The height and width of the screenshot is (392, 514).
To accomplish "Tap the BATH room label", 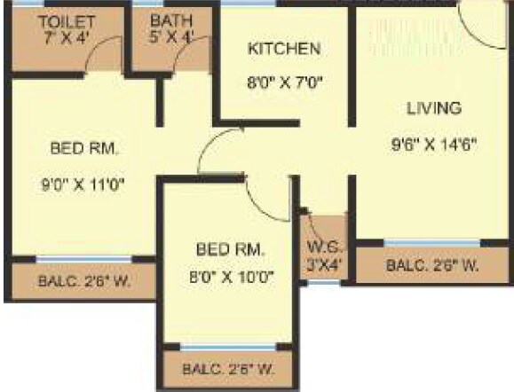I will [170, 20].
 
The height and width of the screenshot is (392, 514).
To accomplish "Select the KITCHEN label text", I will [284, 48].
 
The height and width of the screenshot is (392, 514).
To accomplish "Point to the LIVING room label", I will [434, 108].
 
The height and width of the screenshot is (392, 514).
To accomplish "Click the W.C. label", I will [321, 246].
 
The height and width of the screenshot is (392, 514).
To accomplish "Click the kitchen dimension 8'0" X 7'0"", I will [284, 83].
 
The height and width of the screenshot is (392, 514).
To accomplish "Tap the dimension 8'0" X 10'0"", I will [232, 277].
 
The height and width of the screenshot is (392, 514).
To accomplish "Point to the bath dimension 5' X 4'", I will [170, 36].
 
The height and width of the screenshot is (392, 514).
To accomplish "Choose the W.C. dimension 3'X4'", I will [322, 263].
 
